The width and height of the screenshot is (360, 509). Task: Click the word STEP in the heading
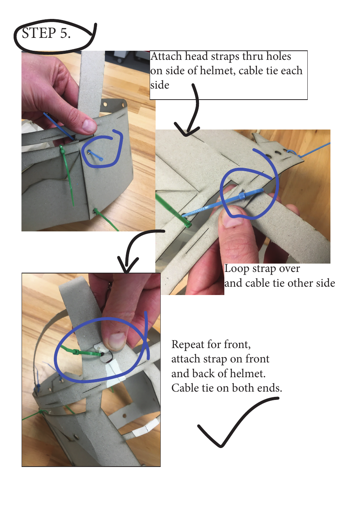(x=39, y=33)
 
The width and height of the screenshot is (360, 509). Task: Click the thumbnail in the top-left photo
(x=89, y=125)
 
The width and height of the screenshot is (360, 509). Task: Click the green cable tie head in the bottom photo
(x=76, y=352)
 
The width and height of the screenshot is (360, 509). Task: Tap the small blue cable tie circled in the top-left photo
(x=95, y=155)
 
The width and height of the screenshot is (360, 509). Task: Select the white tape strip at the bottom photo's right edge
(x=145, y=428)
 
